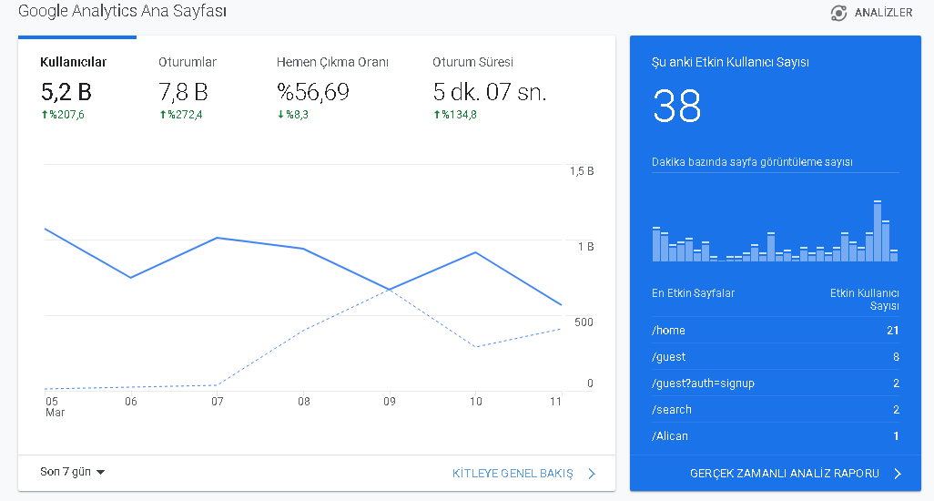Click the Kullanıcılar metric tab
pyautogui.click(x=73, y=62)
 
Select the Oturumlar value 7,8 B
pyautogui.click(x=183, y=92)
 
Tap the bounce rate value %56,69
pyautogui.click(x=313, y=92)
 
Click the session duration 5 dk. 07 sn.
pyautogui.click(x=490, y=92)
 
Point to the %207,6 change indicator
pyautogui.click(x=63, y=115)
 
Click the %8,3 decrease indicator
pyautogui.click(x=293, y=115)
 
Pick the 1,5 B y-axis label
pyautogui.click(x=582, y=171)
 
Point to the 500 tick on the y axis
pyautogui.click(x=584, y=322)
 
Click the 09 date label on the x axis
pyautogui.click(x=390, y=402)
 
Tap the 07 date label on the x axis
pyautogui.click(x=218, y=402)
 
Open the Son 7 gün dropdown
pyautogui.click(x=73, y=472)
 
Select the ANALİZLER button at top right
pyautogui.click(x=871, y=13)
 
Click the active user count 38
pyautogui.click(x=676, y=106)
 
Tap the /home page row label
pyautogui.click(x=668, y=331)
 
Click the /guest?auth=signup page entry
pyautogui.click(x=703, y=383)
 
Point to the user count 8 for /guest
pyautogui.click(x=896, y=357)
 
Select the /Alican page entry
pyautogui.click(x=669, y=436)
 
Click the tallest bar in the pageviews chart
pyautogui.click(x=878, y=231)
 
